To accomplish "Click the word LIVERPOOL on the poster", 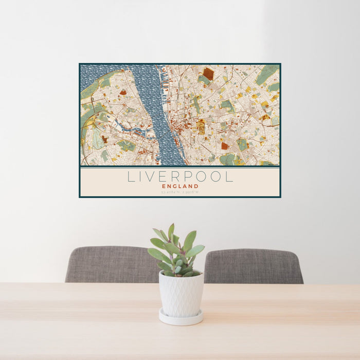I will point(180,176).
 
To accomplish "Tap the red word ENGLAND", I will point(180,186).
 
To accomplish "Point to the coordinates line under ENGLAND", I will point(180,192).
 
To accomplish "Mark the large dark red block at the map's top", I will point(208,74).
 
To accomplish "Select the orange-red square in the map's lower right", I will point(225,146).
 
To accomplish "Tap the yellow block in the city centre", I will point(201,126).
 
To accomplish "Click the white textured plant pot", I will point(181,294).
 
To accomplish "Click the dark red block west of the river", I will point(123,93).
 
